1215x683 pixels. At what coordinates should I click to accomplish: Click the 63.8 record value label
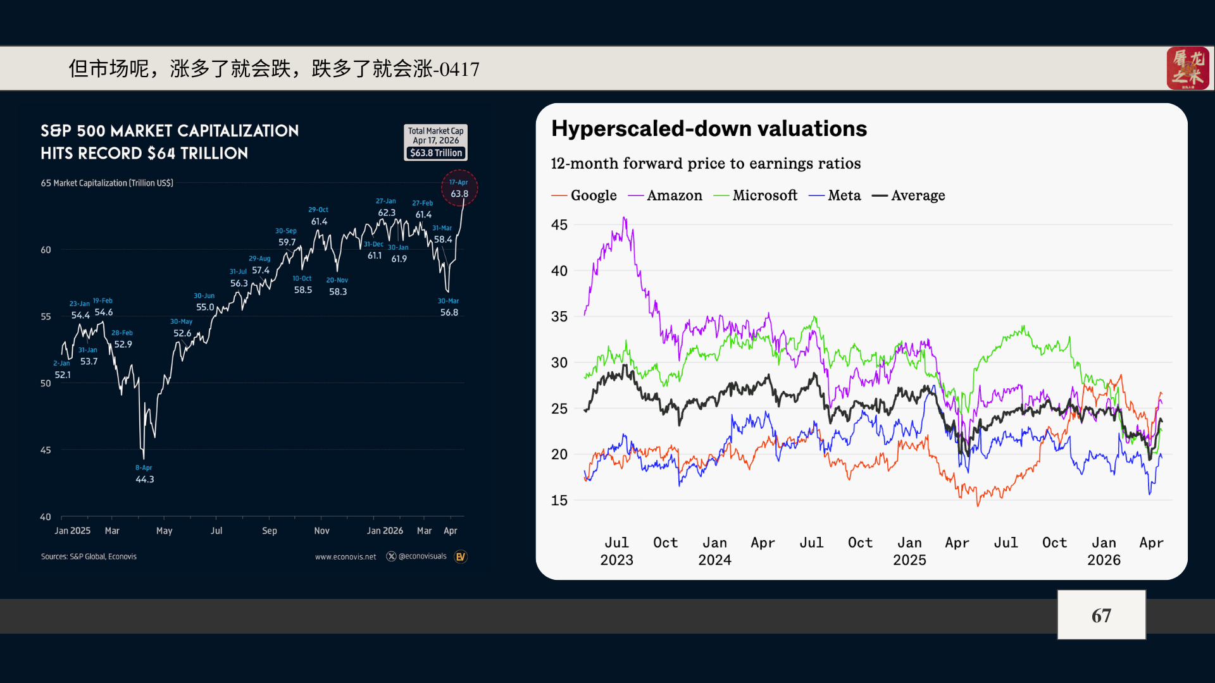(459, 194)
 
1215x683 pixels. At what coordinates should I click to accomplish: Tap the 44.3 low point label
(145, 479)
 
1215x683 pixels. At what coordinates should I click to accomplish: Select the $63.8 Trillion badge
(436, 153)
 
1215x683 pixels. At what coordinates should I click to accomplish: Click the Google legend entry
(584, 195)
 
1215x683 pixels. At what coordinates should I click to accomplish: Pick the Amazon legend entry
(665, 195)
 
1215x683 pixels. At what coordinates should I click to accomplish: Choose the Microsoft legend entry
(756, 195)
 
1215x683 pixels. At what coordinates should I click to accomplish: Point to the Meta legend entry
(835, 195)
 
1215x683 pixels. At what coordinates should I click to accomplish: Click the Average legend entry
(908, 195)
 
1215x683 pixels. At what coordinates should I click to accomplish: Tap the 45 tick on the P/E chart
(559, 225)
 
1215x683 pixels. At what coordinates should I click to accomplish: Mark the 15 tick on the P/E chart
(559, 501)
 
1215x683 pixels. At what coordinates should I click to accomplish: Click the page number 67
(1101, 615)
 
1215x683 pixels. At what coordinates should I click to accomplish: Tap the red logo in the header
(1188, 68)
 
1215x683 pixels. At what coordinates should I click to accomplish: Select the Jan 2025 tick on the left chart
(72, 531)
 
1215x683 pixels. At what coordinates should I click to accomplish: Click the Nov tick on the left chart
(321, 531)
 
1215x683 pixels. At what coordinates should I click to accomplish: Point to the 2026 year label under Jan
(1104, 560)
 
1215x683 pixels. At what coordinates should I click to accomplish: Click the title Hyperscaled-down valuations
(709, 128)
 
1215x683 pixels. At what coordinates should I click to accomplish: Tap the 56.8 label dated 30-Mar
(449, 312)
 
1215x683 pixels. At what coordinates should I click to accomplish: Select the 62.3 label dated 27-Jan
(387, 213)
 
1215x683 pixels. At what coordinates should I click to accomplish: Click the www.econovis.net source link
(346, 557)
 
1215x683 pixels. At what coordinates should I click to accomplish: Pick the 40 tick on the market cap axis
(46, 517)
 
